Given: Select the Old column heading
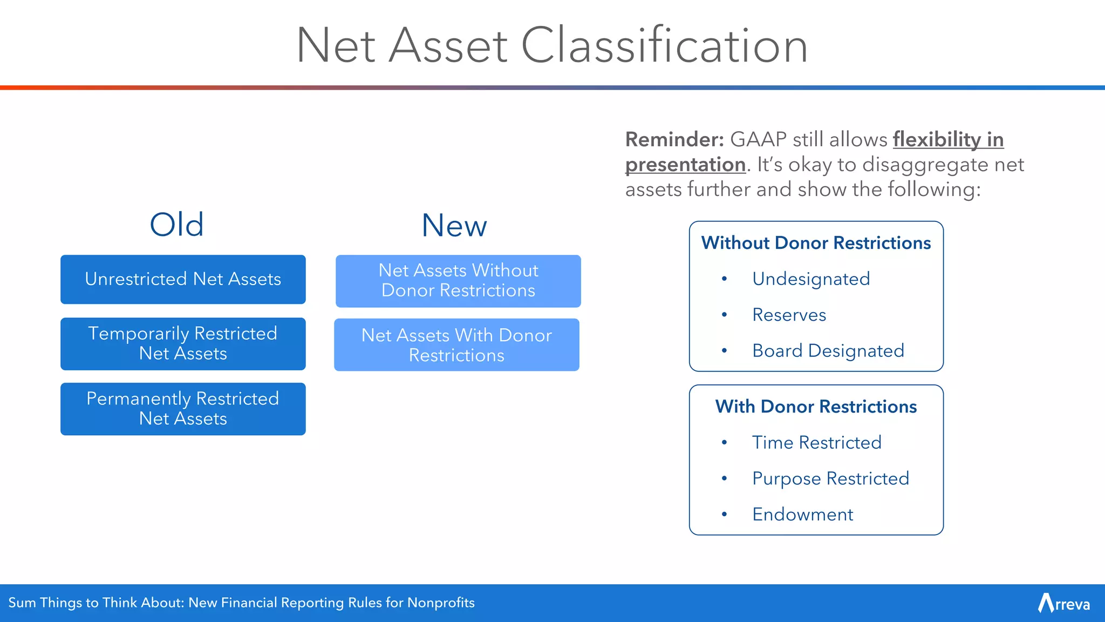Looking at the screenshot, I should click(176, 225).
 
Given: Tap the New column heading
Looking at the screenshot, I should click(454, 226).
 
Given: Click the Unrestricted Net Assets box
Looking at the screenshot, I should click(183, 279).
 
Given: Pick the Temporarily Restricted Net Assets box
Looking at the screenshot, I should click(183, 343).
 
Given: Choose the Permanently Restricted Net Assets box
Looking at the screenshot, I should click(183, 409).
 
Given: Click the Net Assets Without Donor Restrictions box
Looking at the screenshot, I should click(458, 281).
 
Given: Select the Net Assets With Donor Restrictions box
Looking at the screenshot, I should click(456, 344).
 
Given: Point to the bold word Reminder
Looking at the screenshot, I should click(674, 140).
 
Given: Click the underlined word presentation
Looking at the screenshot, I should click(685, 165).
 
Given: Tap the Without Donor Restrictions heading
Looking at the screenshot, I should click(816, 243).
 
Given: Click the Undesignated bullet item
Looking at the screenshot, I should click(811, 279).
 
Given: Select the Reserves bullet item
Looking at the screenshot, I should click(789, 315).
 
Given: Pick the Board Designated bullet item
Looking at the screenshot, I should click(828, 351).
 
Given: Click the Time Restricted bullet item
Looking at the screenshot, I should click(816, 443).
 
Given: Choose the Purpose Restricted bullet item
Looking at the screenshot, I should click(830, 478).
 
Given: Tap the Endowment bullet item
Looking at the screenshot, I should click(802, 515).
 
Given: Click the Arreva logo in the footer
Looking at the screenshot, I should click(1063, 603).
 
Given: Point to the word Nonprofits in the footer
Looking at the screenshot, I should click(441, 603).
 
